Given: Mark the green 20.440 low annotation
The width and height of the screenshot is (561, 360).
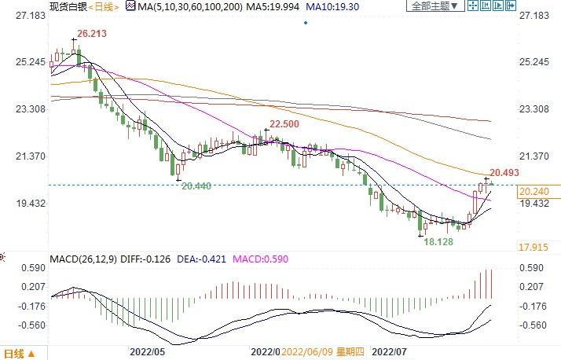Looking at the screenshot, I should pyautogui.click(x=196, y=186).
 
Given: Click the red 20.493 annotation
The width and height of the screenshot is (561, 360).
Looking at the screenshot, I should pyautogui.click(x=504, y=172).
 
